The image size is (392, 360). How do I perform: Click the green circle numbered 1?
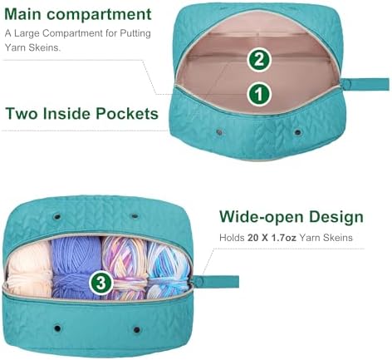pyautogui.click(x=259, y=94)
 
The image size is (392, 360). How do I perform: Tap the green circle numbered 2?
pyautogui.click(x=259, y=59)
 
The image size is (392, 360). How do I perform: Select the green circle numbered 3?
pyautogui.click(x=101, y=283)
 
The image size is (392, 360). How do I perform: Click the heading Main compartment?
pyautogui.click(x=78, y=14)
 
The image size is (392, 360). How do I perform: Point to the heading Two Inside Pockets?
pyautogui.click(x=81, y=113)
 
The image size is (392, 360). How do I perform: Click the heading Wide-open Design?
pyautogui.click(x=292, y=217)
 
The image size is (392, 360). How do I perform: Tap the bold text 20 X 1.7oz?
pyautogui.click(x=272, y=238)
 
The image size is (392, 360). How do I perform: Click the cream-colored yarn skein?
pyautogui.click(x=29, y=269)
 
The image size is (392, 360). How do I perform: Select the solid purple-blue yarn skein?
pyautogui.click(x=76, y=266)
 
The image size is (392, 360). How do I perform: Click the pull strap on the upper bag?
pyautogui.click(x=365, y=84)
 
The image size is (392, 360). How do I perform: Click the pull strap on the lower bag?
pyautogui.click(x=216, y=282)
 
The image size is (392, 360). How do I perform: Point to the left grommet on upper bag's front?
pyautogui.click(x=219, y=132)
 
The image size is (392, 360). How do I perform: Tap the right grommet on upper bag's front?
pyautogui.click(x=297, y=132)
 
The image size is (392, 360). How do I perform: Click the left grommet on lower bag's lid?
pyautogui.click(x=57, y=216)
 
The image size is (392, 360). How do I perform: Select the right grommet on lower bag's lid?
pyautogui.click(x=135, y=215)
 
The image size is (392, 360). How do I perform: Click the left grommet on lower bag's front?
pyautogui.click(x=57, y=328)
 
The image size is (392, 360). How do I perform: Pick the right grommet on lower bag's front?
pyautogui.click(x=137, y=330)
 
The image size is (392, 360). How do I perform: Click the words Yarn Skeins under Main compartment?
pyautogui.click(x=32, y=47)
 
